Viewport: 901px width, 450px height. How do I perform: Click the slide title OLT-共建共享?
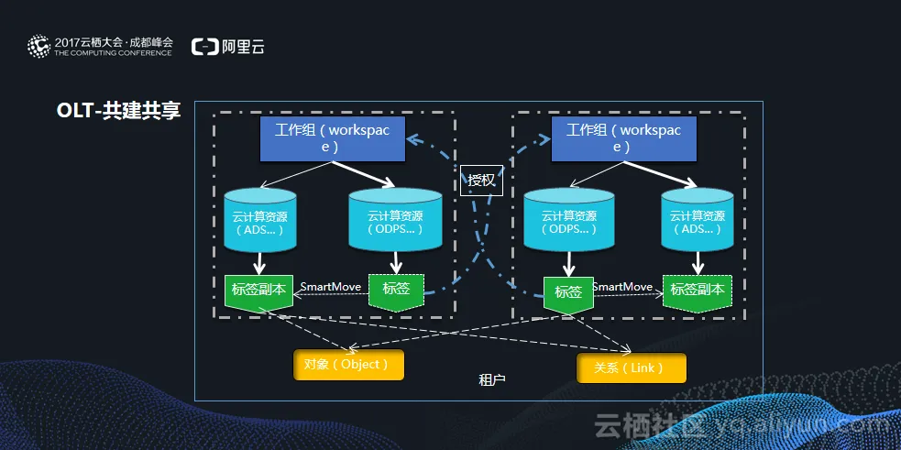[x=119, y=112]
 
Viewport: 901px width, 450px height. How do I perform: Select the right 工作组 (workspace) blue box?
[x=622, y=137]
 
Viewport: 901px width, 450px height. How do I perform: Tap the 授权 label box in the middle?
[x=481, y=180]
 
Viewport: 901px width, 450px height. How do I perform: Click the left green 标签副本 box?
[x=259, y=290]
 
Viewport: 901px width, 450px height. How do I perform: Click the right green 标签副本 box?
[x=698, y=290]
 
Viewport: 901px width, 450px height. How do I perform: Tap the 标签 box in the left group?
[x=396, y=290]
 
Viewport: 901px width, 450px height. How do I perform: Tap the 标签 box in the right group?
[x=568, y=292]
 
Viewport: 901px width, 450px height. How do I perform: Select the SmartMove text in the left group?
[x=331, y=287]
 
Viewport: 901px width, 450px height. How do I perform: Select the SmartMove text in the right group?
[x=622, y=287]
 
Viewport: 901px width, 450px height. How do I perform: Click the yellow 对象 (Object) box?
[x=348, y=364]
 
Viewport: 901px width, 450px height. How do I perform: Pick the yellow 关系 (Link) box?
[x=632, y=368]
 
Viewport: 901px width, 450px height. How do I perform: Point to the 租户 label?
[x=492, y=379]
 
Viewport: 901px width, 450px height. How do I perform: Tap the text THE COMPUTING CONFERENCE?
[x=113, y=53]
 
